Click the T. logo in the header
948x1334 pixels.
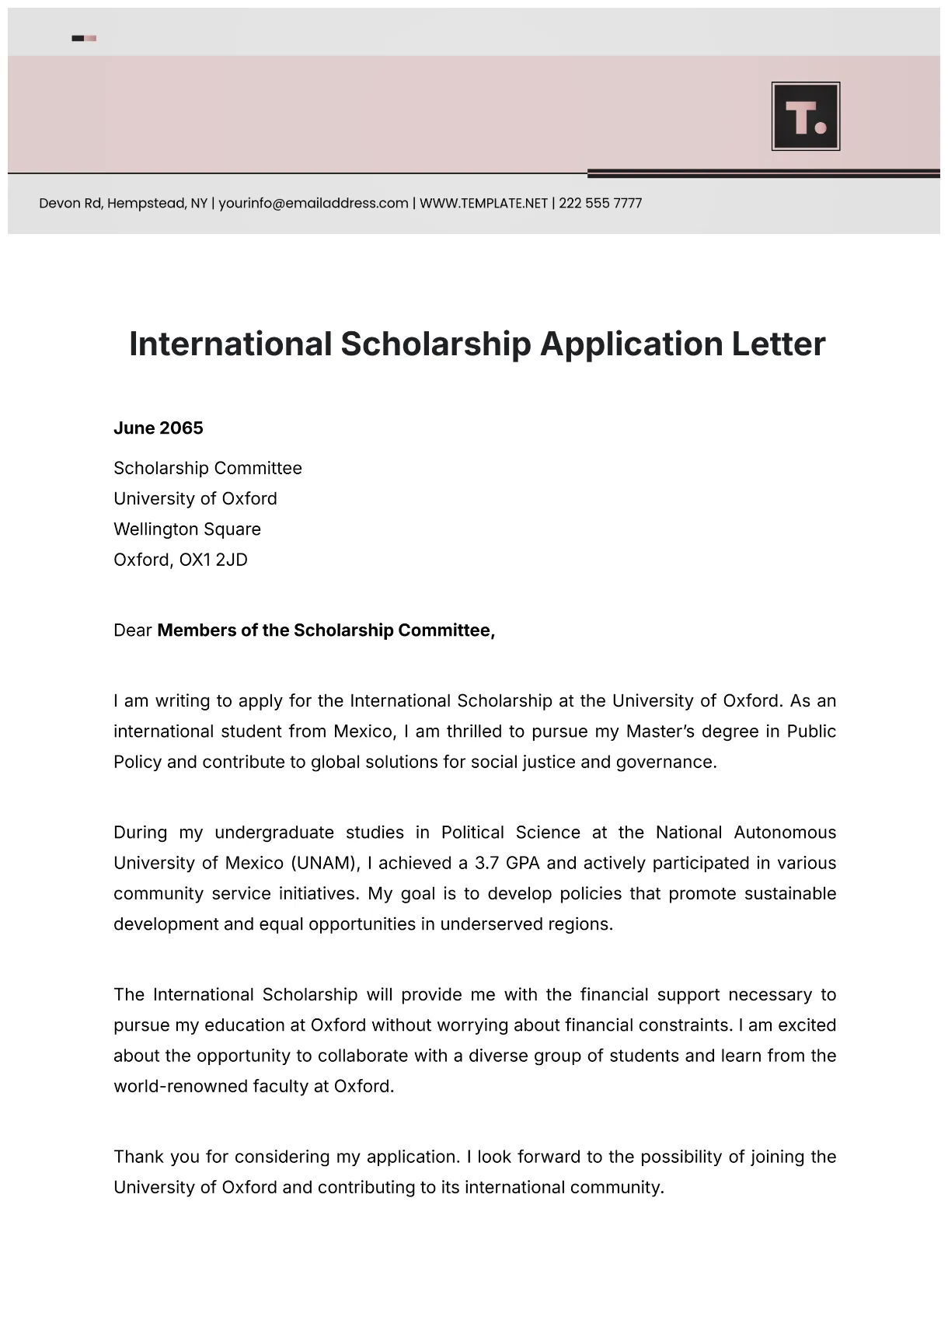coord(806,117)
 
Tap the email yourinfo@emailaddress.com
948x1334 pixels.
coord(313,204)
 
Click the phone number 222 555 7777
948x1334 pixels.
coord(600,204)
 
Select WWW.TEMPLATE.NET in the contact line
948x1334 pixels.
coord(483,204)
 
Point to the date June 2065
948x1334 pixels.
coord(159,428)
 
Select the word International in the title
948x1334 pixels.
coord(230,344)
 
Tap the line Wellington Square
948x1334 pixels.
coord(187,529)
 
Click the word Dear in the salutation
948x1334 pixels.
coord(132,630)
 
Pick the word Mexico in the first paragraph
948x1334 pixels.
coord(363,732)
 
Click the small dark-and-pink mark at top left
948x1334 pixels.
coord(84,38)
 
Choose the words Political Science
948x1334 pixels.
coord(511,833)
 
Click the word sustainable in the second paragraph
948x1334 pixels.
coord(789,893)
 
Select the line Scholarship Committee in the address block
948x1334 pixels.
coord(207,468)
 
